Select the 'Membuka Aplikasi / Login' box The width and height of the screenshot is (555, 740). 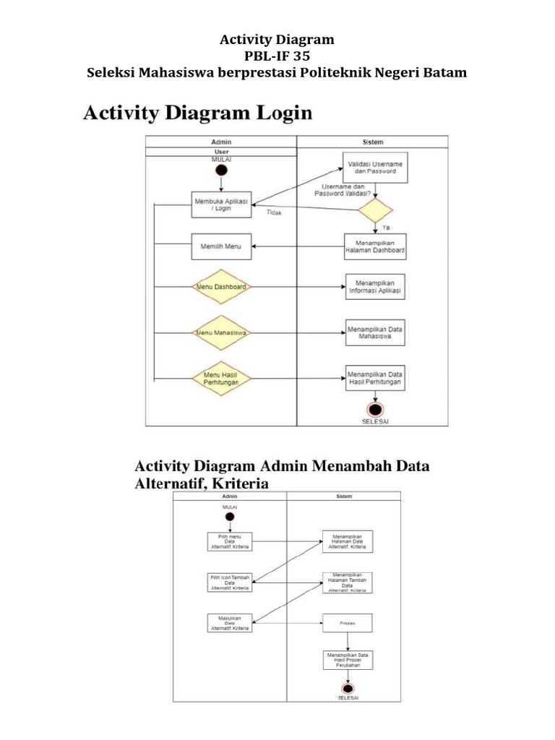(x=222, y=204)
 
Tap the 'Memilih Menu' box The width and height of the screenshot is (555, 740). (x=222, y=246)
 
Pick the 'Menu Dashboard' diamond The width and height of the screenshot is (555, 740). (x=222, y=287)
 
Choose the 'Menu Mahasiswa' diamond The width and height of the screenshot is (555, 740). (x=222, y=332)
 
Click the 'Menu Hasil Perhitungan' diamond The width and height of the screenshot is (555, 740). (x=222, y=377)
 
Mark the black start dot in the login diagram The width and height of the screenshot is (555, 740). (x=221, y=170)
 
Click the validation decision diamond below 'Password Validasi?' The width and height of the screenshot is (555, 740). (x=376, y=210)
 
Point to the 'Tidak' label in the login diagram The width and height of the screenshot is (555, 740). (x=275, y=213)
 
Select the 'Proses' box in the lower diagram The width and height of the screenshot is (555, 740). (x=348, y=621)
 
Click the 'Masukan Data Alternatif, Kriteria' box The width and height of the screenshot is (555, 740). (x=230, y=622)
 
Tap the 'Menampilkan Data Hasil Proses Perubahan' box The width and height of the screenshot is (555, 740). (x=348, y=660)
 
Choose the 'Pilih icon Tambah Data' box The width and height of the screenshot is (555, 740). (x=230, y=582)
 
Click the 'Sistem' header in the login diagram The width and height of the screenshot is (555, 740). (x=372, y=142)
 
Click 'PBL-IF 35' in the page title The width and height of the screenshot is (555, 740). (x=277, y=56)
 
